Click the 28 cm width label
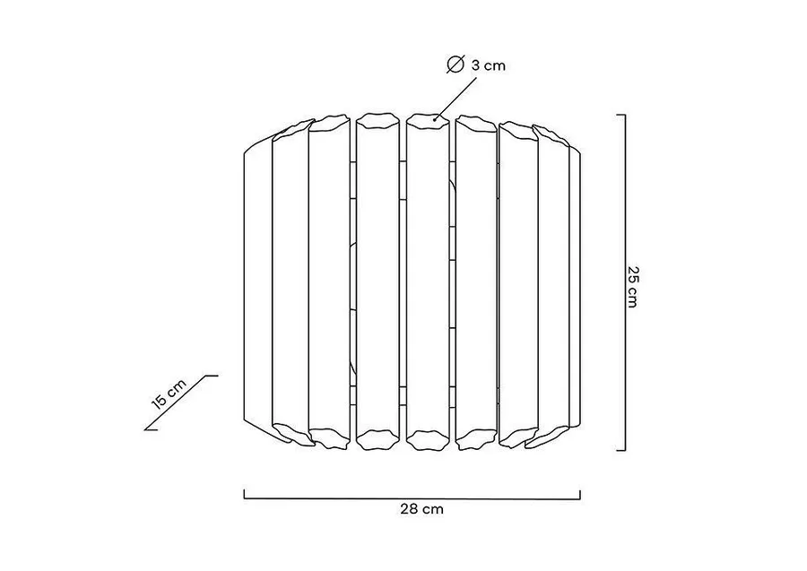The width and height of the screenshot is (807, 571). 421,509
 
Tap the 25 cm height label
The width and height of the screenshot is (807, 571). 632,287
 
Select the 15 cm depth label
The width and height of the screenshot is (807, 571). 169,394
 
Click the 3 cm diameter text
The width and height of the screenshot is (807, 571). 489,65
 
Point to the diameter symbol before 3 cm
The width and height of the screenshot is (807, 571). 456,65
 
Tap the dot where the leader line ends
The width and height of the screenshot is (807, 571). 435,121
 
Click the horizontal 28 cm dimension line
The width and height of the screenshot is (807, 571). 412,498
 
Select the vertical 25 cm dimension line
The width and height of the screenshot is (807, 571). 625,282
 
